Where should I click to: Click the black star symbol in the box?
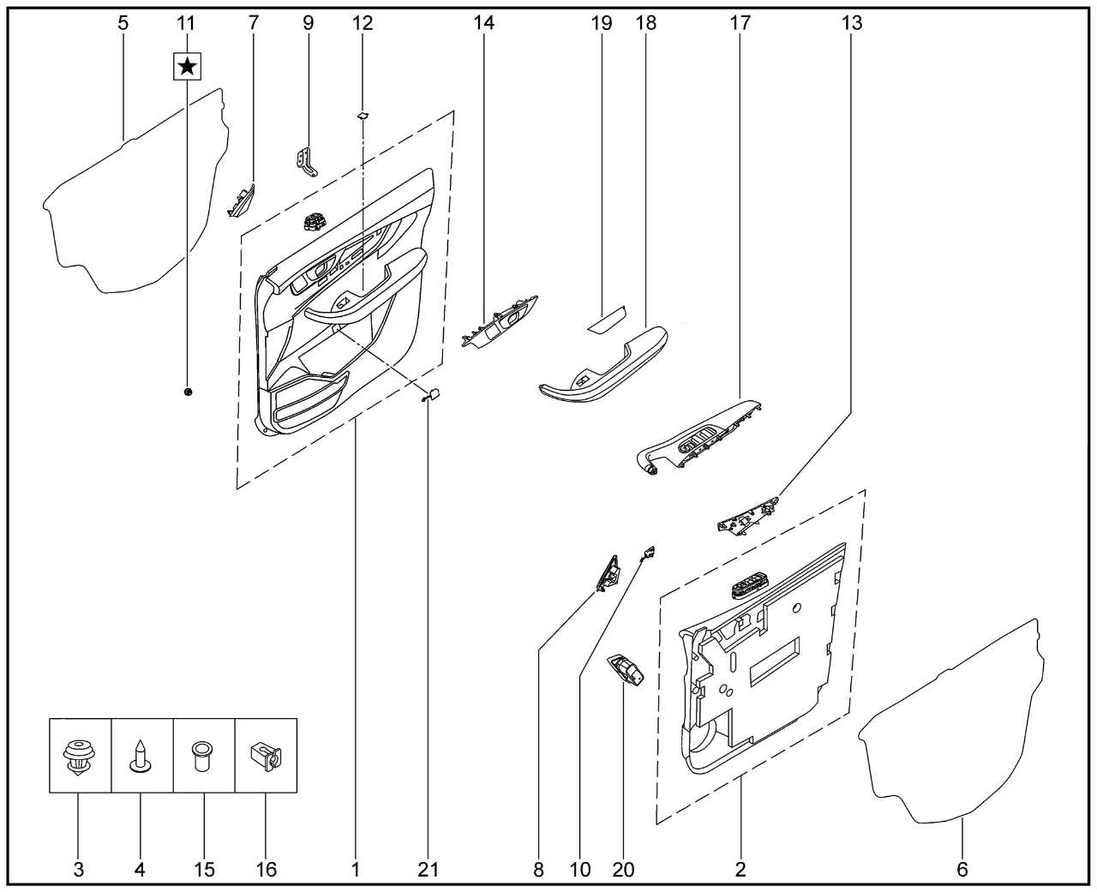pyautogui.click(x=187, y=67)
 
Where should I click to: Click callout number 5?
pyautogui.click(x=123, y=22)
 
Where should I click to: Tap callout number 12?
pyautogui.click(x=363, y=22)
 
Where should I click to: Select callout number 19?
pyautogui.click(x=602, y=22)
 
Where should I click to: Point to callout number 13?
pyautogui.click(x=852, y=22)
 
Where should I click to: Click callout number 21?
pyautogui.click(x=428, y=870)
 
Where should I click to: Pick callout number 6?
pyautogui.click(x=962, y=870)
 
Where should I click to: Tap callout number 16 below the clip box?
pyautogui.click(x=267, y=870)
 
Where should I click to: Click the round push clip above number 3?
pyautogui.click(x=78, y=756)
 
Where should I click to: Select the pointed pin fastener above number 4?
pyautogui.click(x=140, y=757)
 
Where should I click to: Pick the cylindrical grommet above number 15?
pyautogui.click(x=202, y=756)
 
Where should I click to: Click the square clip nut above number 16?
pyautogui.click(x=266, y=756)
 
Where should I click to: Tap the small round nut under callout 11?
pyautogui.click(x=188, y=392)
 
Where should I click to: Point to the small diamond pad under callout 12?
pyautogui.click(x=363, y=116)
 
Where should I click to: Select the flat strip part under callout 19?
pyautogui.click(x=608, y=320)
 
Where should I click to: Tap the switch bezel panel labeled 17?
pyautogui.click(x=698, y=438)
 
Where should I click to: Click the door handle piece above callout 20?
pyautogui.click(x=626, y=670)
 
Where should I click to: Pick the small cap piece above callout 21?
pyautogui.click(x=432, y=395)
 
